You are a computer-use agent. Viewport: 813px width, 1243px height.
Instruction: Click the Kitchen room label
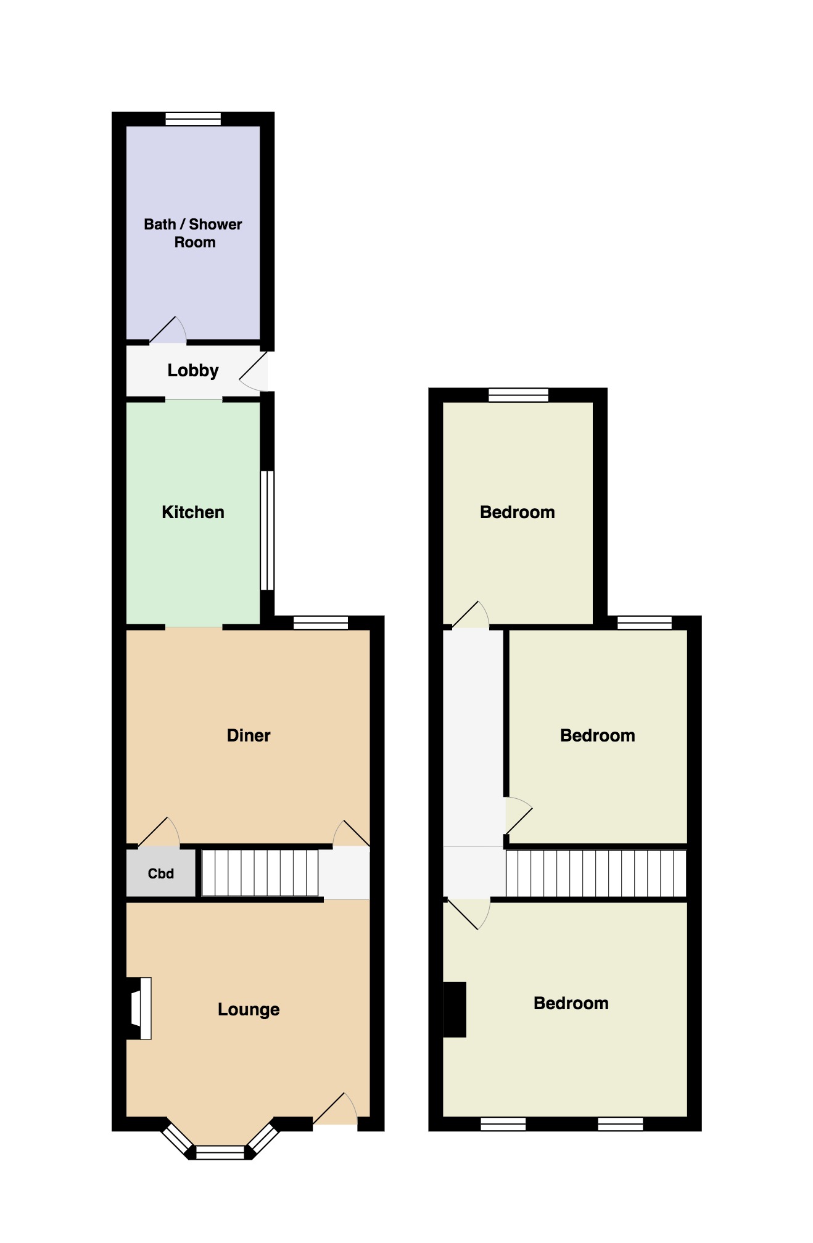tap(192, 512)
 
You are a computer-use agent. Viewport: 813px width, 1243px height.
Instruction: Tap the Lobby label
tap(192, 370)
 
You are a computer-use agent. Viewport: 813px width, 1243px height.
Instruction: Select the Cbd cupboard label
tap(160, 873)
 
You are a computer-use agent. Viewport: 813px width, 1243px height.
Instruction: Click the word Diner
tap(249, 735)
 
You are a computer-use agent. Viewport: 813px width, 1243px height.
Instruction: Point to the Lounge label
tap(249, 1009)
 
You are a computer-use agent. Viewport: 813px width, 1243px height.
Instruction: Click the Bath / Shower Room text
tap(193, 233)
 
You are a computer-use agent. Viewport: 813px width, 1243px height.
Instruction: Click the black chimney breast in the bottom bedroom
tap(455, 1009)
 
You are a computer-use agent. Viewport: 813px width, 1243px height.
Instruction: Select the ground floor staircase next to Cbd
tap(260, 873)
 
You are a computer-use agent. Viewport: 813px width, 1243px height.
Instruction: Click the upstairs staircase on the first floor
tap(595, 873)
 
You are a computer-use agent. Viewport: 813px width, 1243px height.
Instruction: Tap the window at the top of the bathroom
tap(193, 119)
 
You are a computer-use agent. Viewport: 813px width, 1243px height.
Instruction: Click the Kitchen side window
tap(266, 531)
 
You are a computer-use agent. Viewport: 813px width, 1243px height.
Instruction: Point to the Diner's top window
tap(321, 622)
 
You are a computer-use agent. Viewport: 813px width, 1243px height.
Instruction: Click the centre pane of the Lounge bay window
tap(220, 1152)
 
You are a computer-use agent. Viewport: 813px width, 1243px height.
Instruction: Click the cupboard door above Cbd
tap(159, 832)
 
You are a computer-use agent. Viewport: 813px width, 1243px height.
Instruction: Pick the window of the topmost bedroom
tap(518, 395)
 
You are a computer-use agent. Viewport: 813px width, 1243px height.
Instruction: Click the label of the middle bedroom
tap(597, 735)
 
